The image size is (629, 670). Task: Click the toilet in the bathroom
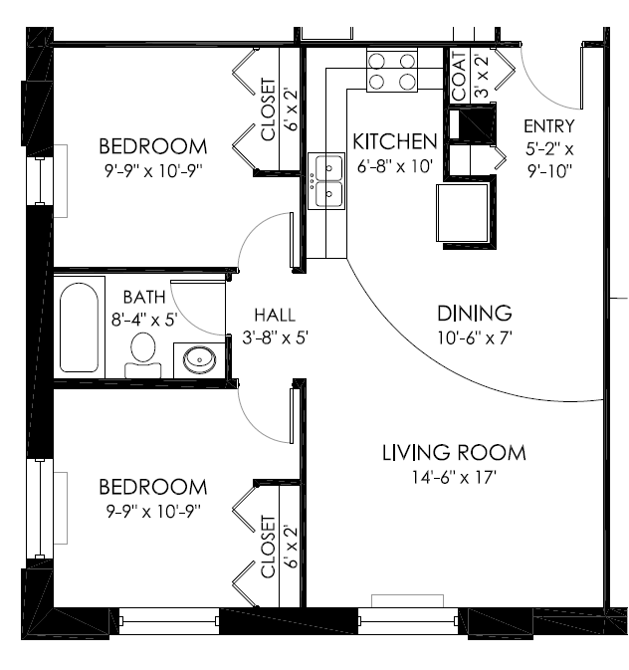point(143,351)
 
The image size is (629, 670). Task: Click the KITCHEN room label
point(395,141)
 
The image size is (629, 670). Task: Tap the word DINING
point(474,313)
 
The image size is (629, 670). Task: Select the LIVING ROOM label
point(454,454)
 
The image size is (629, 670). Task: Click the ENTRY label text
point(549,125)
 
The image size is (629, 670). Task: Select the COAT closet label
point(459,77)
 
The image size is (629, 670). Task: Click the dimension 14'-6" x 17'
point(454,478)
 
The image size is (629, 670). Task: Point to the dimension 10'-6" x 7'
point(474,336)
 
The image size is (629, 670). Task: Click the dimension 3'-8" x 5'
point(276,337)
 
